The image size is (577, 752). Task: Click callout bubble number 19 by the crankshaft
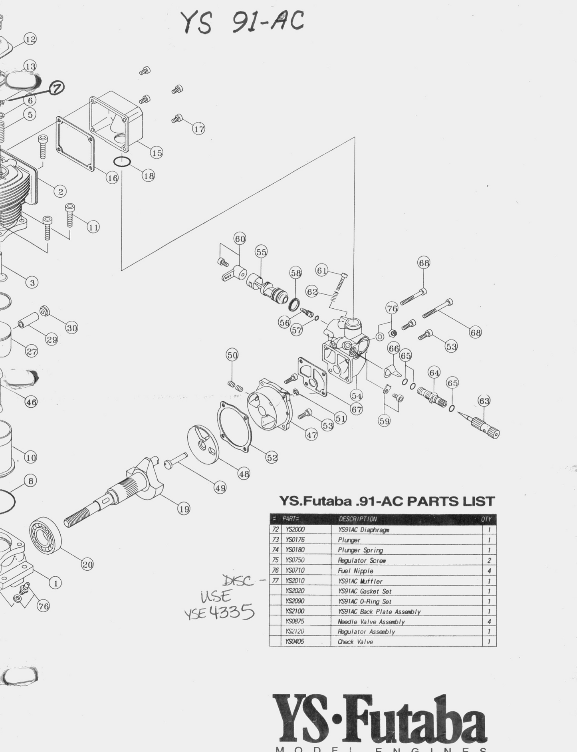[184, 509]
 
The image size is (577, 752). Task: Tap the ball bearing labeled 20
[46, 536]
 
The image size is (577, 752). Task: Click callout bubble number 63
[484, 401]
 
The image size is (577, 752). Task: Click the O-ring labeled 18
[122, 162]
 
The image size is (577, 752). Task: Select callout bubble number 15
[157, 153]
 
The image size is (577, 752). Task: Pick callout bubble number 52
[272, 458]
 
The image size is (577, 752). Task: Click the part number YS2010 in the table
[295, 581]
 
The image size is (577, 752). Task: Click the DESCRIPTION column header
[357, 519]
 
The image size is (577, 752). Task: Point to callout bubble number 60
[240, 239]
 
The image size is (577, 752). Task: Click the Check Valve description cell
[355, 642]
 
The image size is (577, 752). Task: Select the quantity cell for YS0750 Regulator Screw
[489, 560]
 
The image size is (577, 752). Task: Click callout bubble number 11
[93, 227]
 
